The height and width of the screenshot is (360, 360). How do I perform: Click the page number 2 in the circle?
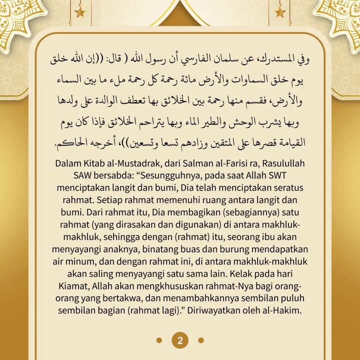click(x=180, y=340)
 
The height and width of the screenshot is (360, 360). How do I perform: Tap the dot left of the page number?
click(x=159, y=340)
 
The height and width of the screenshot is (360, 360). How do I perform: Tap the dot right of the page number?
click(x=201, y=340)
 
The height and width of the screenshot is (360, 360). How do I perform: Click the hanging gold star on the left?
click(x=80, y=12)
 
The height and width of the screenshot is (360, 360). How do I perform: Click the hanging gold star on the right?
click(x=280, y=12)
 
